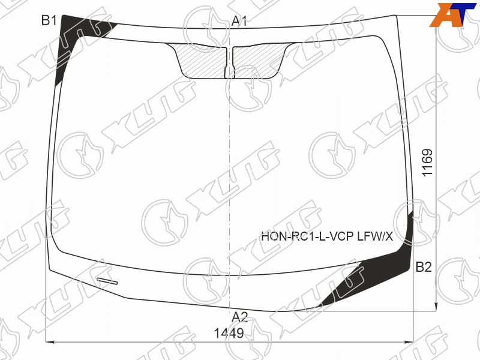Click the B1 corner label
pos(49,20)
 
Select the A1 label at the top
pos(239,21)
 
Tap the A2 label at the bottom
pos(239,317)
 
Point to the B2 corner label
pos(424,267)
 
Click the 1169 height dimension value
pos(427,163)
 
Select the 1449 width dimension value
pos(229,333)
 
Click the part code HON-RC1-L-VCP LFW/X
pos(327,236)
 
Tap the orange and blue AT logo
pos(453,15)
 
